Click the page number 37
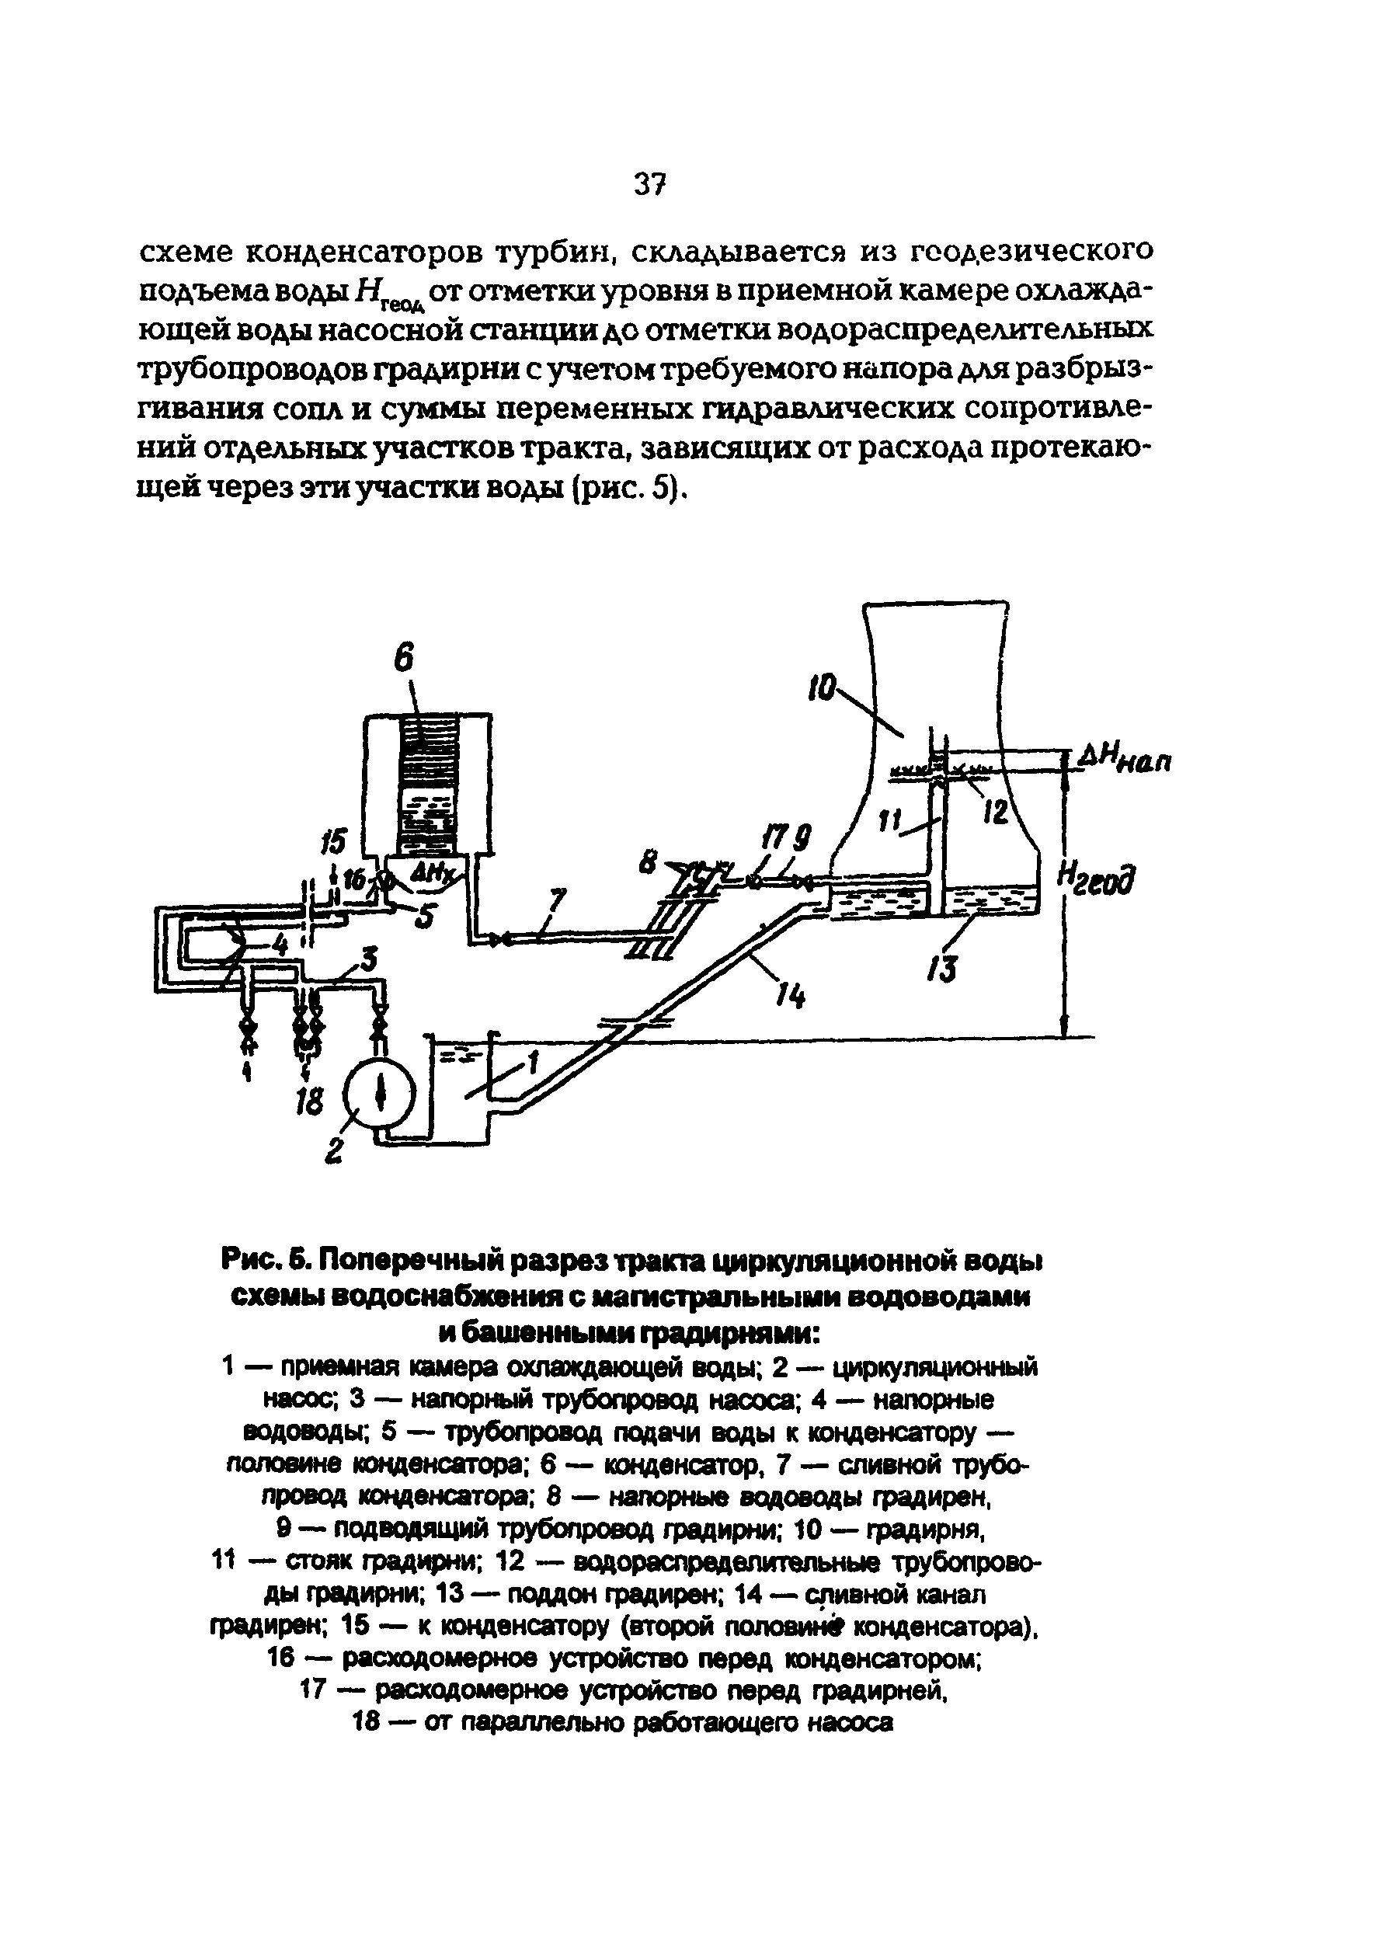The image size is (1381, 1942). [x=648, y=185]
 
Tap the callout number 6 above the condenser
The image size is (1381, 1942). [x=404, y=659]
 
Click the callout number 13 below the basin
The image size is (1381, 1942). [x=944, y=969]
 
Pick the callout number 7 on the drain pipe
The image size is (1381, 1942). [x=557, y=902]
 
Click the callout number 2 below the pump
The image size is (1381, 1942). [x=334, y=1151]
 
